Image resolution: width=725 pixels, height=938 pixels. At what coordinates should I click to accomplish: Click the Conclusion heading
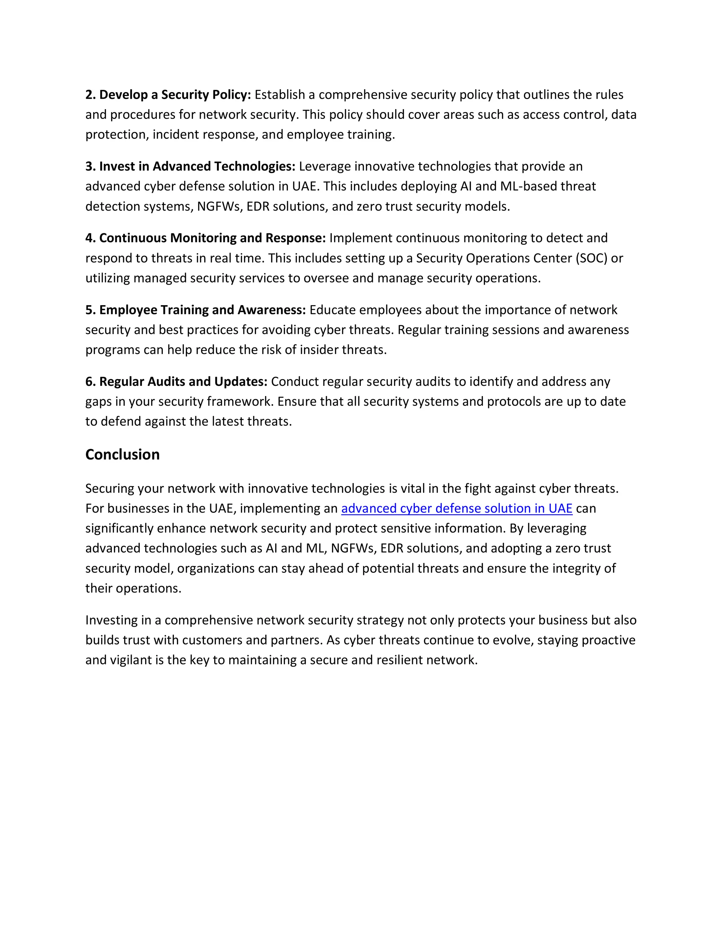pos(122,454)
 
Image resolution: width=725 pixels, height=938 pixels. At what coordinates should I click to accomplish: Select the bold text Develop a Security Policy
pos(175,95)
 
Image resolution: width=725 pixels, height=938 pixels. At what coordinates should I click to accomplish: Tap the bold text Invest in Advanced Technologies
pos(197,166)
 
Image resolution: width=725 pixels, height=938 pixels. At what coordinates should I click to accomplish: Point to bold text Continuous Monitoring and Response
pos(212,238)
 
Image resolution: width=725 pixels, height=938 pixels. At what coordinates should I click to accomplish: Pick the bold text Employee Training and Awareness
pos(202,310)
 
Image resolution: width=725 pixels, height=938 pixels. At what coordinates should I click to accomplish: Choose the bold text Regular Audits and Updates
pos(183,381)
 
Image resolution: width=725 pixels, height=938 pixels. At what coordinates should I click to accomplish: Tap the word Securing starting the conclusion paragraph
pos(109,488)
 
